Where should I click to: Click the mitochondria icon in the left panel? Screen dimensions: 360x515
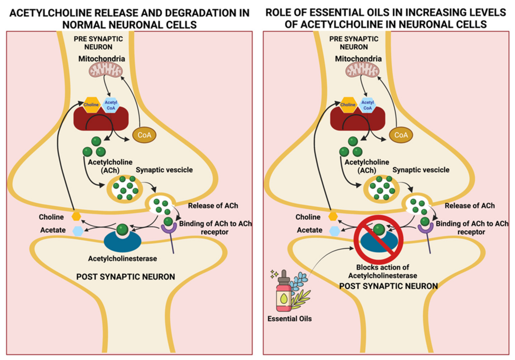point(105,70)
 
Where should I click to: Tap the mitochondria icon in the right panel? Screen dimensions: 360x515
point(362,70)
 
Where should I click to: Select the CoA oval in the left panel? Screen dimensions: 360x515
point(144,135)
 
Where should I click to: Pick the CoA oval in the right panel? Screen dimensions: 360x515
point(401,135)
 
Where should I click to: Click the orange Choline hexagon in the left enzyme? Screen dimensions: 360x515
point(91,104)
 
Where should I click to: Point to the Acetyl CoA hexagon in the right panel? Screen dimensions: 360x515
point(367,105)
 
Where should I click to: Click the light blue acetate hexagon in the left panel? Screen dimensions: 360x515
point(78,231)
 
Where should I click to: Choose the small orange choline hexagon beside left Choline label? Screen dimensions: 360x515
point(76,216)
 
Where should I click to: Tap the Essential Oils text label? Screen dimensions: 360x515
point(289,319)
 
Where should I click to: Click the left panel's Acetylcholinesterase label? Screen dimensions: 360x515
point(123,259)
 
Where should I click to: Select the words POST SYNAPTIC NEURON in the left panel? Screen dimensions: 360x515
point(125,277)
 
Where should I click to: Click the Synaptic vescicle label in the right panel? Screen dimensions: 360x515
point(421,170)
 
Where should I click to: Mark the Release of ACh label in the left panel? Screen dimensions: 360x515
point(213,206)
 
